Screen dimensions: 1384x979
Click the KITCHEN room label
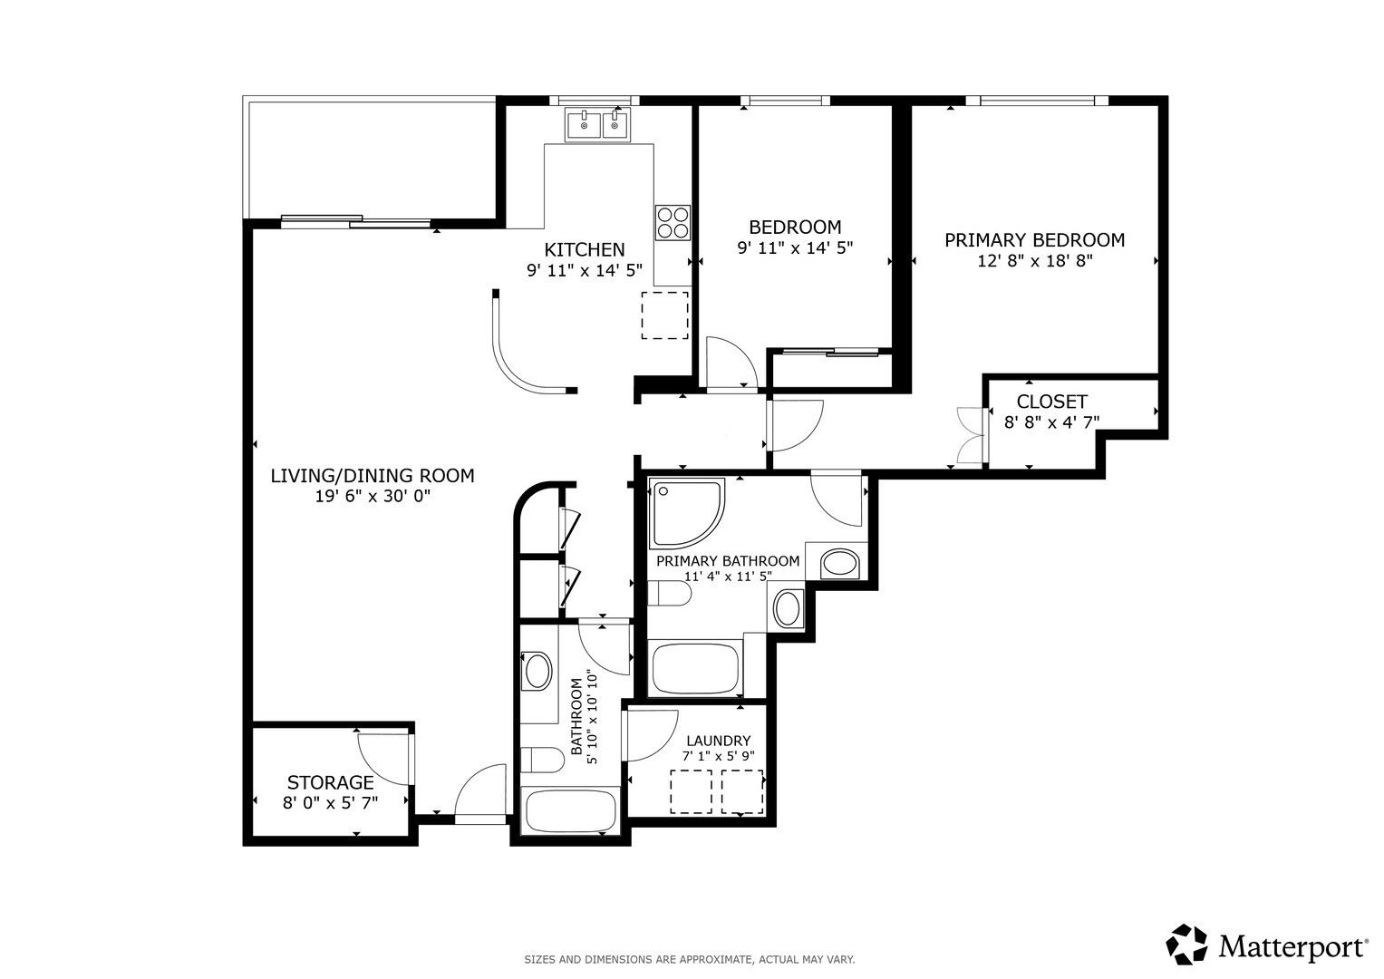coord(584,249)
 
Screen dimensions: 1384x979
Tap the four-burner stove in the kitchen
coord(673,222)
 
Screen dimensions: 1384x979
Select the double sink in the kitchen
coord(597,124)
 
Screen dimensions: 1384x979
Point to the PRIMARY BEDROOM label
coord(1034,240)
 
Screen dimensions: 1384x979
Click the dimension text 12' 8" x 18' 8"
coord(1034,261)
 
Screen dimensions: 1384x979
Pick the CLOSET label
coord(1051,402)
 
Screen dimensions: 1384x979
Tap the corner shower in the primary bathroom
coord(686,512)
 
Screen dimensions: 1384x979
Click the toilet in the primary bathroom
coord(669,594)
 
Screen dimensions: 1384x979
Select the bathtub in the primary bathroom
coord(695,668)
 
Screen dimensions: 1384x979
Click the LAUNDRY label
coord(719,741)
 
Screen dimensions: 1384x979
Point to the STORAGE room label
coord(331,782)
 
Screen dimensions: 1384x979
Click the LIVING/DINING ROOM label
coord(373,476)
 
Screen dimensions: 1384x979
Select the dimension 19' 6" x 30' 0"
coord(373,497)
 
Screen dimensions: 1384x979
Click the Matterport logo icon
coord(1186,945)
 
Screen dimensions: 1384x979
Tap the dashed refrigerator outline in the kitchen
coord(665,315)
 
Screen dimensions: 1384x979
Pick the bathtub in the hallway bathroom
coord(570,810)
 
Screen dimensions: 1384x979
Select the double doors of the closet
coord(970,435)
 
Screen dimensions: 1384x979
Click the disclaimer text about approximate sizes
coord(690,960)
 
